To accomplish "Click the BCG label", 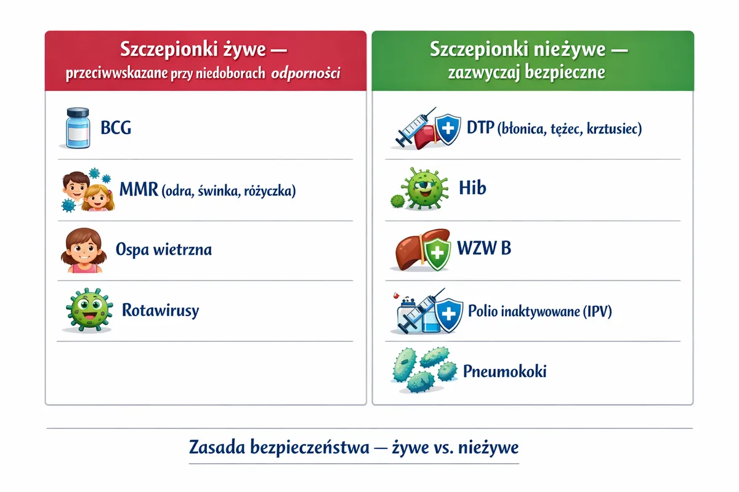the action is pos(116,127).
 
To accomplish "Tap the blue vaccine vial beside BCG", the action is pos(78,128).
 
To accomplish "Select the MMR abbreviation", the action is pos(139,189).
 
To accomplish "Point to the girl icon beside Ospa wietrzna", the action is pos(84,250).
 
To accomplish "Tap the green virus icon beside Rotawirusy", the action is pos(89,309).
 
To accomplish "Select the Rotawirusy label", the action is pos(160,311).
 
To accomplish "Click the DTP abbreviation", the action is pos(480,127).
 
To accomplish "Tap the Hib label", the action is pos(472,188).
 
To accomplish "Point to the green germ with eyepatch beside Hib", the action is pos(424,188).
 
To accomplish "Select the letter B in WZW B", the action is pos(506,248).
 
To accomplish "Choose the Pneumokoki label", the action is pos(505,371).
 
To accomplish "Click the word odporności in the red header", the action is pos(305,73).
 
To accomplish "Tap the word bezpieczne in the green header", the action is pos(565,72).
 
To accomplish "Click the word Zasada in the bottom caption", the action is pos(217,448).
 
